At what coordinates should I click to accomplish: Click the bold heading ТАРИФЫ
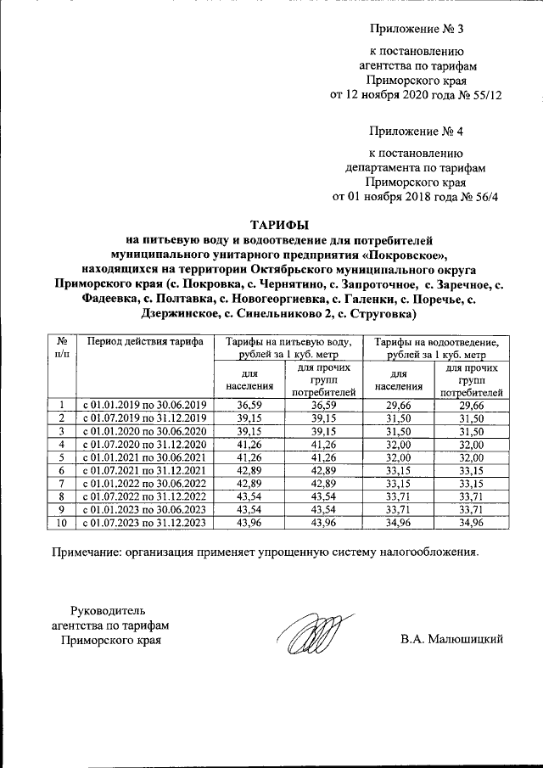279,225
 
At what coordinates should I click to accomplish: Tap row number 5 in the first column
62,458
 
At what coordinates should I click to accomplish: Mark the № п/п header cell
62,348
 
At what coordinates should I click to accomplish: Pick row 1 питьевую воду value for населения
249,406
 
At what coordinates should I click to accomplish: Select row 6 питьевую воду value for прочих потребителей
323,471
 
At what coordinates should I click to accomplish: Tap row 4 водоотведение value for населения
398,445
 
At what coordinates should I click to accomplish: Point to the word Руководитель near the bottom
107,610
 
